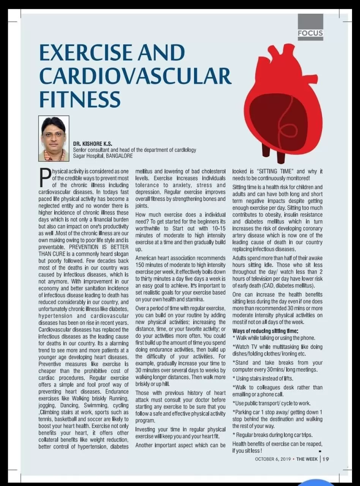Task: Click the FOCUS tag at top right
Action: click(310, 33)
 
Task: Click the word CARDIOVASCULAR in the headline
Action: click(135, 76)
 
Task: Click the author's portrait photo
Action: click(54, 138)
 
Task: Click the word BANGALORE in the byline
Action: click(119, 156)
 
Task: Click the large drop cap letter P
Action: click(45, 178)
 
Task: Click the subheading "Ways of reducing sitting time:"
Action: click(265, 331)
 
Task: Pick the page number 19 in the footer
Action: click(326, 459)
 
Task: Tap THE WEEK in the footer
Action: click(306, 459)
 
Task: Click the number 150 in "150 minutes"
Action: click(141, 265)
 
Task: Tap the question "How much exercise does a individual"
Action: click(180, 215)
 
